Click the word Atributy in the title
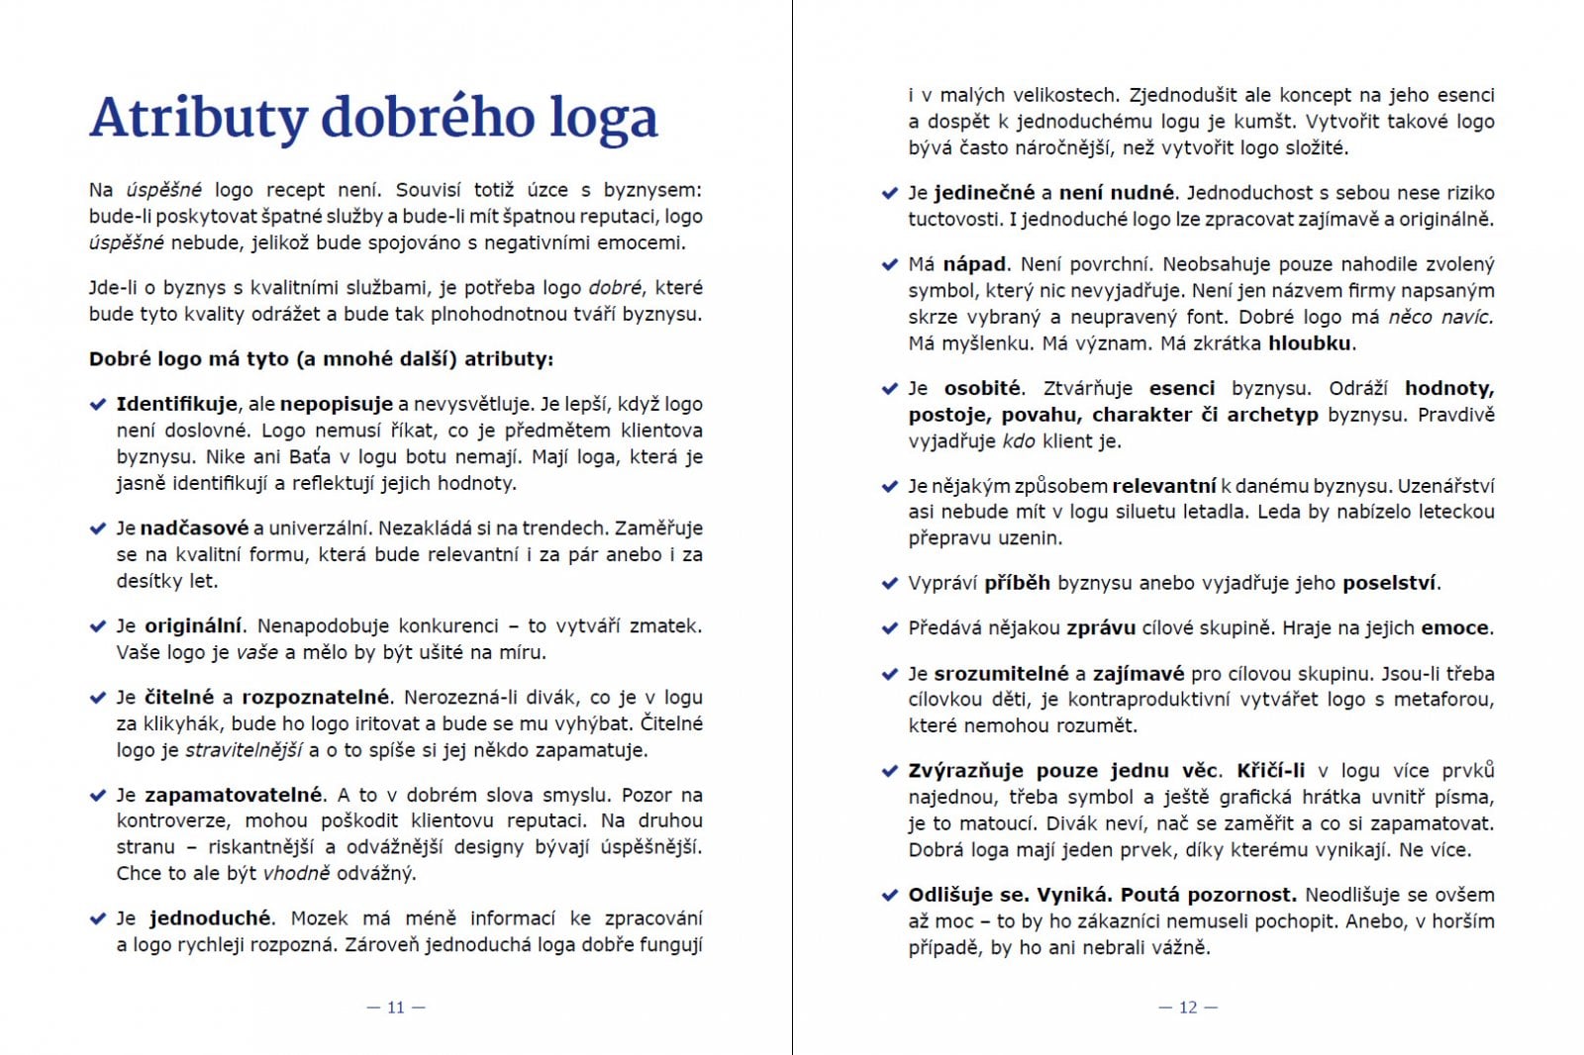click(198, 119)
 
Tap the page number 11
click(396, 1007)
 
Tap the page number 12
click(1188, 1007)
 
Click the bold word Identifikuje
click(176, 404)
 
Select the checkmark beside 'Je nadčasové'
click(98, 528)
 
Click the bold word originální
click(193, 625)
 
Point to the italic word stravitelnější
click(244, 750)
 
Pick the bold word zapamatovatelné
click(234, 795)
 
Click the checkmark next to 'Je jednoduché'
click(98, 918)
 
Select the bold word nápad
click(974, 264)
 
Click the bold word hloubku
click(1310, 343)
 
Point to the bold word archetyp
click(1272, 415)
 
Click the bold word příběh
click(1017, 583)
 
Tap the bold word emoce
click(1455, 628)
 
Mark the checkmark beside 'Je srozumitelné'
click(890, 674)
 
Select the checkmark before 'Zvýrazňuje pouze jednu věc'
click(890, 771)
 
